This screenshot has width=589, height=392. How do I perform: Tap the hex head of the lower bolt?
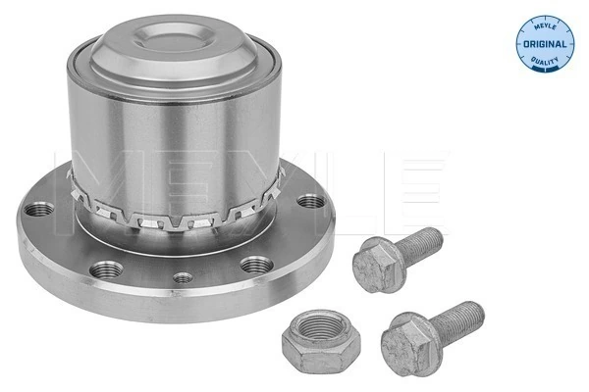click(406, 338)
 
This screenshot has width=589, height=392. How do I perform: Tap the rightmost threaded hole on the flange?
click(311, 202)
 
